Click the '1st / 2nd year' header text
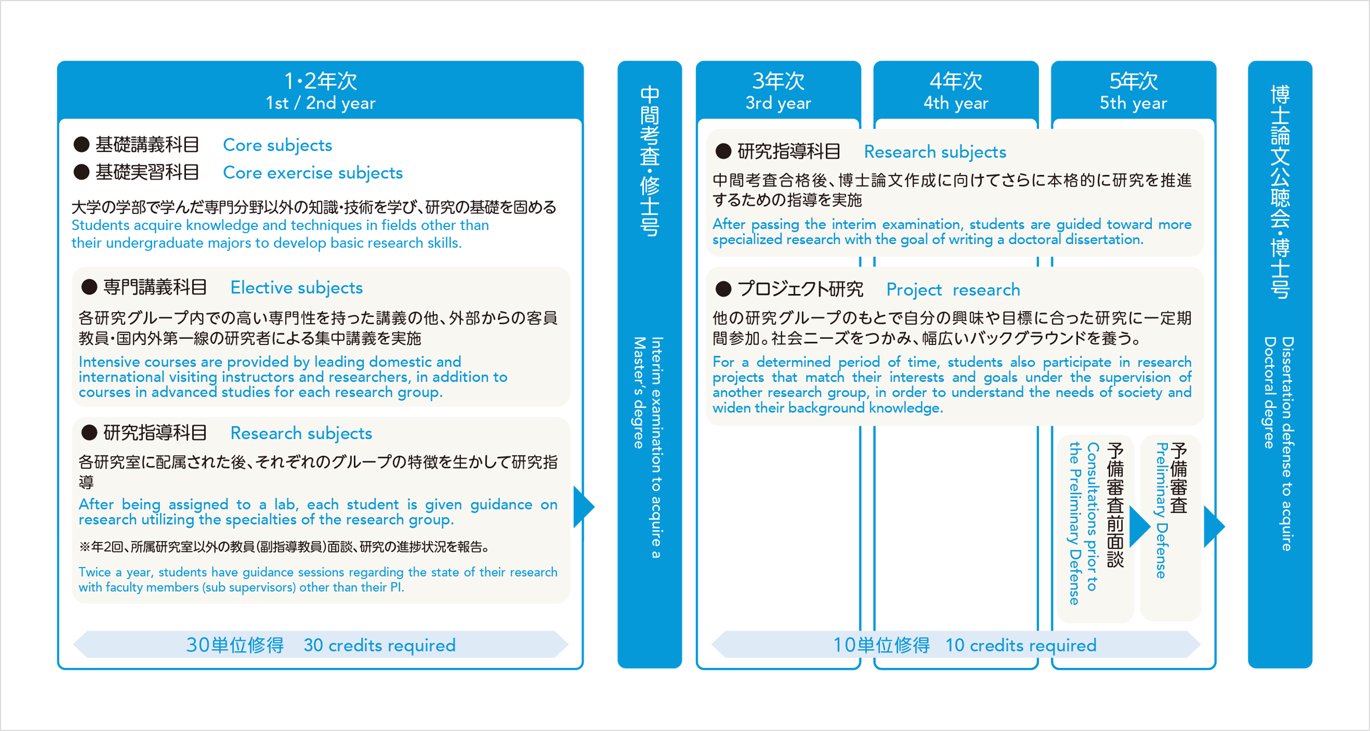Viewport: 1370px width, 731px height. click(x=321, y=103)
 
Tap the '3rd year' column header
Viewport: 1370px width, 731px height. click(x=778, y=103)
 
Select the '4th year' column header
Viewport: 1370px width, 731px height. click(x=956, y=103)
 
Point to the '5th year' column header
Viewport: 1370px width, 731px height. click(x=1133, y=103)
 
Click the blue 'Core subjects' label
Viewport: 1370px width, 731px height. click(x=277, y=145)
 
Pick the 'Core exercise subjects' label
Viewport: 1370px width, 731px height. click(x=312, y=173)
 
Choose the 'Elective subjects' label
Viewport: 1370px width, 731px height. click(x=296, y=288)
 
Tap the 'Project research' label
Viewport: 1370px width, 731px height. click(x=953, y=290)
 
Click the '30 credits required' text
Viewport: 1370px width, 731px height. click(x=379, y=645)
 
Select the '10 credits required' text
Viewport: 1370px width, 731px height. click(x=1021, y=645)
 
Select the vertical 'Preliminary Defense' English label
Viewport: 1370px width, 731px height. click(x=1161, y=511)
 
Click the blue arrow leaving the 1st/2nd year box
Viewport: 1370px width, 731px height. click(x=583, y=507)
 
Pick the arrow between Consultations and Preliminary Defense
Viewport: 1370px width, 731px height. click(x=1138, y=526)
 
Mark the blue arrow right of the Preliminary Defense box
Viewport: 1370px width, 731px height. click(x=1213, y=526)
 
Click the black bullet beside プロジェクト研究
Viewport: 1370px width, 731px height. click(x=723, y=289)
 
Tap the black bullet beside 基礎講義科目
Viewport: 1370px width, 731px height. click(x=81, y=144)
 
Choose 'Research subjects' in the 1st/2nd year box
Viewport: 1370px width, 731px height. click(x=301, y=433)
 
